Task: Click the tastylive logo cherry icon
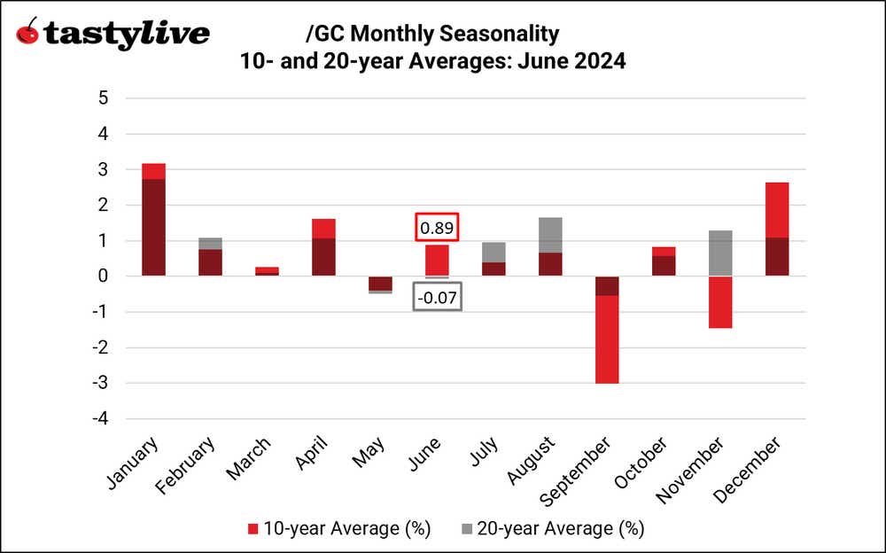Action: pyautogui.click(x=27, y=33)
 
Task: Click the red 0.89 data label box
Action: pyautogui.click(x=438, y=228)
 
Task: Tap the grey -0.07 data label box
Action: pyautogui.click(x=438, y=298)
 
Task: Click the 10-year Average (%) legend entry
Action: pyautogui.click(x=337, y=529)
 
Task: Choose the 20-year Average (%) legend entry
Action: pyautogui.click(x=550, y=529)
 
